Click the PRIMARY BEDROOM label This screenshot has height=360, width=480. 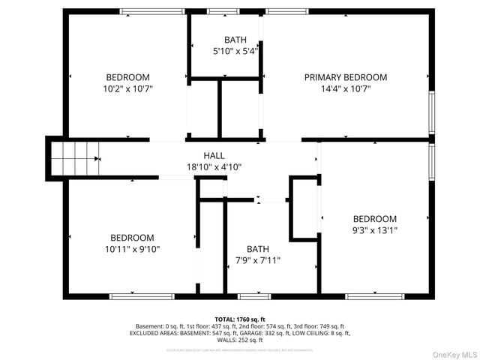(x=345, y=77)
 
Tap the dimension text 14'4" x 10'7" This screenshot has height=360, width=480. (x=345, y=88)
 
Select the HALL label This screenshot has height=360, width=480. (x=214, y=155)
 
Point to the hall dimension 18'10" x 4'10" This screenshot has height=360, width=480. (x=214, y=166)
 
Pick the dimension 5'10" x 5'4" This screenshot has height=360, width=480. (x=235, y=51)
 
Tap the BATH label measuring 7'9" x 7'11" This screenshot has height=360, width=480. (x=257, y=250)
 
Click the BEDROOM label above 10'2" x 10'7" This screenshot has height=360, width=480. (x=127, y=77)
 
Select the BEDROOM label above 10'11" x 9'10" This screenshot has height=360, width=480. (x=132, y=238)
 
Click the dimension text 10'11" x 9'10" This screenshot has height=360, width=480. (x=132, y=249)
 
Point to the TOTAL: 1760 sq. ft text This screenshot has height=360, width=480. (x=240, y=319)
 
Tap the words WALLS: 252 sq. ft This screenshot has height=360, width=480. (x=240, y=339)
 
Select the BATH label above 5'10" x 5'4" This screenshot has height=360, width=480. (x=235, y=40)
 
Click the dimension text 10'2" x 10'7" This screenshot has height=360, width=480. (x=127, y=88)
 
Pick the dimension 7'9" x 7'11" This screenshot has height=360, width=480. (x=257, y=261)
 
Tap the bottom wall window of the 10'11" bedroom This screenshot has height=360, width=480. (x=132, y=296)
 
